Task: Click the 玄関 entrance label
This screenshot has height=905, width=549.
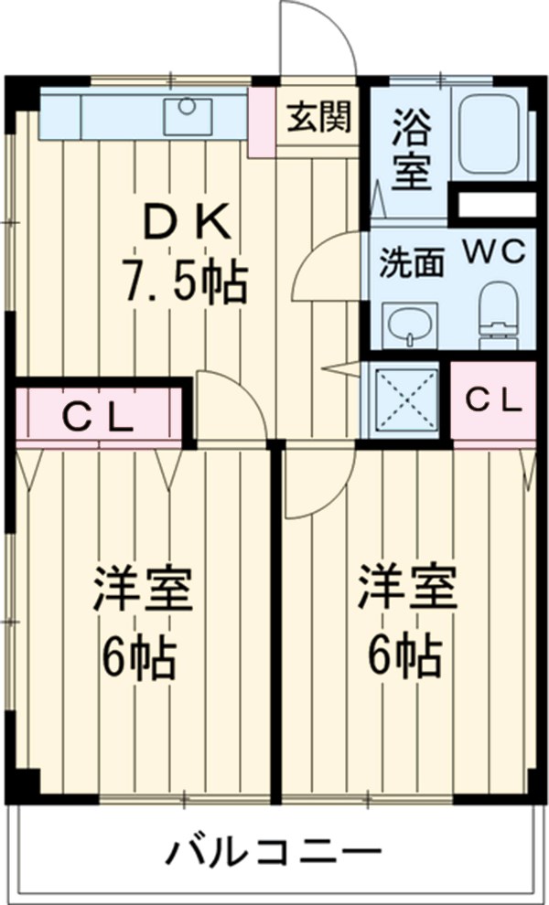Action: click(318, 119)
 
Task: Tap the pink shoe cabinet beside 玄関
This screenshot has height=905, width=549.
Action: click(262, 120)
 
